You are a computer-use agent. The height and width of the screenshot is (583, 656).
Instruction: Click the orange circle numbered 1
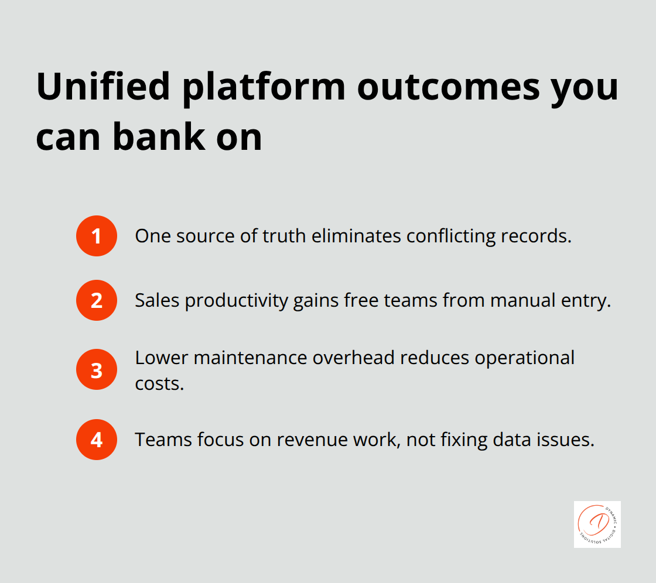[x=97, y=236]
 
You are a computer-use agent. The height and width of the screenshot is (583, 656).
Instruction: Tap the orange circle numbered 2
[x=97, y=300]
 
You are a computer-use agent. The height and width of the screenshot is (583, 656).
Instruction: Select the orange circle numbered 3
[x=97, y=370]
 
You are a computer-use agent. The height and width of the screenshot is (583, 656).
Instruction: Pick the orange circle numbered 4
[x=97, y=440]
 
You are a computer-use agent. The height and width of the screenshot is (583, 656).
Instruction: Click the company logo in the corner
[x=597, y=524]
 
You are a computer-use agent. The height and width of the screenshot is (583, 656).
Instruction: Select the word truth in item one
[x=287, y=236]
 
